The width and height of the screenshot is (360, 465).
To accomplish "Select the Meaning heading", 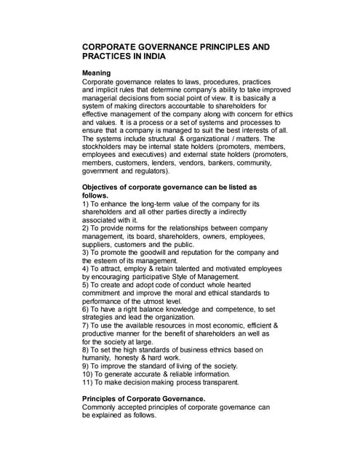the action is pyautogui.click(x=96, y=73).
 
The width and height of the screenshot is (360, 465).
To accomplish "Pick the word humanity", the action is pyautogui.click(x=100, y=359).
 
